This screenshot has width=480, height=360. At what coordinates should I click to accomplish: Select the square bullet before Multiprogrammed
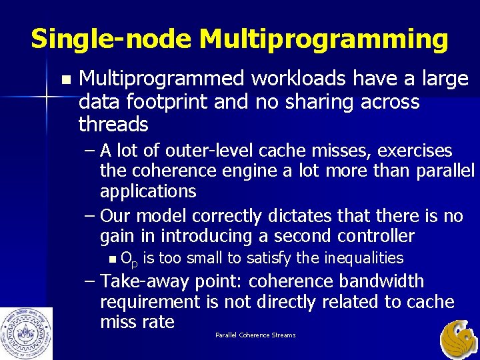click(64, 79)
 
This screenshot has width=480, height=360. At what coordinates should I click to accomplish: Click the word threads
click(113, 124)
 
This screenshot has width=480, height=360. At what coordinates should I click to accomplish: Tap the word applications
click(148, 191)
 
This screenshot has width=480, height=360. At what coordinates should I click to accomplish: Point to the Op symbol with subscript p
click(129, 259)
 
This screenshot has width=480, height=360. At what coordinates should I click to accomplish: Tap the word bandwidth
click(391, 281)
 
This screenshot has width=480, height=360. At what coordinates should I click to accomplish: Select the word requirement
click(150, 301)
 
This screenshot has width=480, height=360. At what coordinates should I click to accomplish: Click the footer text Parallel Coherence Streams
click(255, 335)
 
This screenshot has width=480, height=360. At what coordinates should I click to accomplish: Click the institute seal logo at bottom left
click(26, 333)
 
